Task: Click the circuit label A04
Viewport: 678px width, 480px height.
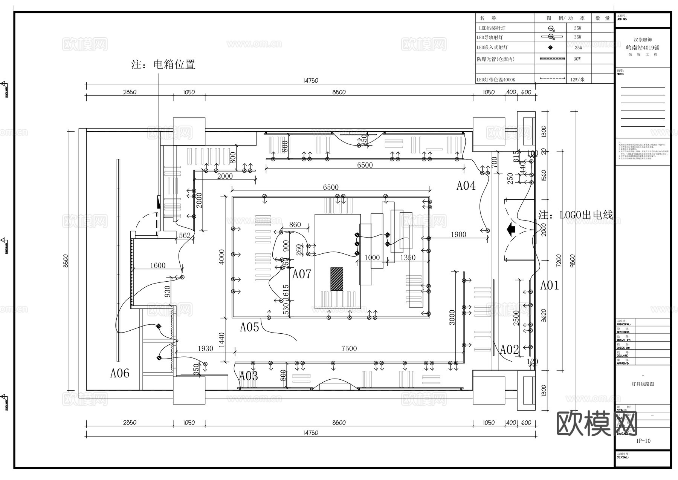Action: coord(466,186)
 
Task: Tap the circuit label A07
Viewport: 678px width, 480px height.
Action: coord(302,274)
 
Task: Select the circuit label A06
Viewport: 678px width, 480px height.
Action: coord(120,373)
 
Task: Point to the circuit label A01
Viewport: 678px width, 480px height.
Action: coord(550,285)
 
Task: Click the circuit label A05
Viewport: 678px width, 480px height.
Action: coord(249,327)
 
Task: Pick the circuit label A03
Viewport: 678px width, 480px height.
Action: coord(249,376)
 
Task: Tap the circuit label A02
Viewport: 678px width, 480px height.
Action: coord(509,350)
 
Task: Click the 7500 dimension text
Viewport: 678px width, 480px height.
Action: coord(349,348)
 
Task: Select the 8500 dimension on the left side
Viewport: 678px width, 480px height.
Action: coord(66,261)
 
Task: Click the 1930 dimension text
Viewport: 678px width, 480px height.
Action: coord(205,348)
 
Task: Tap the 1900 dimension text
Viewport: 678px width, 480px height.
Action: coord(458,235)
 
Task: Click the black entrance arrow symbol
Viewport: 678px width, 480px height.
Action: coord(511,229)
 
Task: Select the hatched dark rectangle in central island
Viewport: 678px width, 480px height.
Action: coord(337,279)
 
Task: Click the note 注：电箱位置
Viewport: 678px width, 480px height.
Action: coord(163,64)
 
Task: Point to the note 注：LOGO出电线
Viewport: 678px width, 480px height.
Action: coord(576,215)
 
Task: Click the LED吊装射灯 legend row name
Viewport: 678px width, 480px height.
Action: coord(492,28)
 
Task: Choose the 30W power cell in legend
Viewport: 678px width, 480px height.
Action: coord(577,59)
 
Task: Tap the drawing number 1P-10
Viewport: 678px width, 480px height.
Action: coord(643,441)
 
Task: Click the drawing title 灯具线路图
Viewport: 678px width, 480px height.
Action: coord(643,384)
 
